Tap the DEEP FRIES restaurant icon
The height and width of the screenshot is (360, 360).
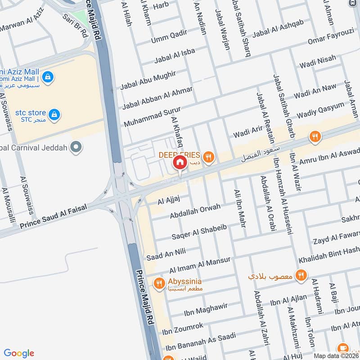tap(208, 157)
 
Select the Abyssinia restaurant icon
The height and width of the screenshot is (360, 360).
tap(158, 283)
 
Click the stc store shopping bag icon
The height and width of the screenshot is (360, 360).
tap(54, 114)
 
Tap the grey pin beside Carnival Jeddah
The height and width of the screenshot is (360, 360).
tap(77, 147)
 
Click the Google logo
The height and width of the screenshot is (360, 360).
tap(19, 353)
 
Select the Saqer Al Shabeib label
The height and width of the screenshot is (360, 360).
tap(199, 230)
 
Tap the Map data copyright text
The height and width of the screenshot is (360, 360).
tap(336, 355)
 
